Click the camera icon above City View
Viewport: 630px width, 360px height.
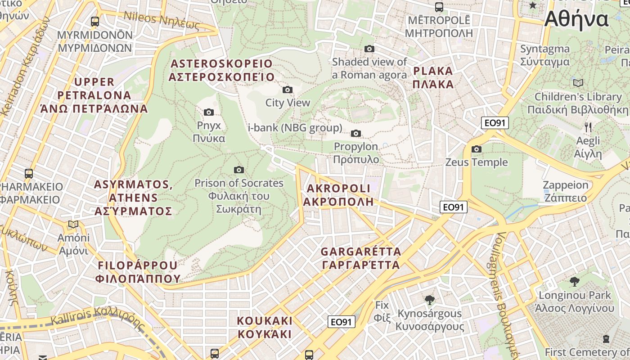pyautogui.click(x=287, y=90)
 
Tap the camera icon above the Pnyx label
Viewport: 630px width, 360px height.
pyautogui.click(x=209, y=112)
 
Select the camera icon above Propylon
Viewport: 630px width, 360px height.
pyautogui.click(x=356, y=133)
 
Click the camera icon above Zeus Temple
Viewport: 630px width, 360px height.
pyautogui.click(x=477, y=149)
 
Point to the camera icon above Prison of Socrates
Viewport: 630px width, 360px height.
pyautogui.click(x=239, y=170)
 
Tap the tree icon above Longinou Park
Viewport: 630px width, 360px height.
pyautogui.click(x=574, y=282)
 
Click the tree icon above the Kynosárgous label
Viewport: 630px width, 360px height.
pyautogui.click(x=429, y=300)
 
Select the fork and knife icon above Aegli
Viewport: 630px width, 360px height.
pyautogui.click(x=588, y=127)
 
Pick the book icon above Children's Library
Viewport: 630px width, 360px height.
pyautogui.click(x=578, y=83)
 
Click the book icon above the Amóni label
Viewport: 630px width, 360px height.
pyautogui.click(x=73, y=224)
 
